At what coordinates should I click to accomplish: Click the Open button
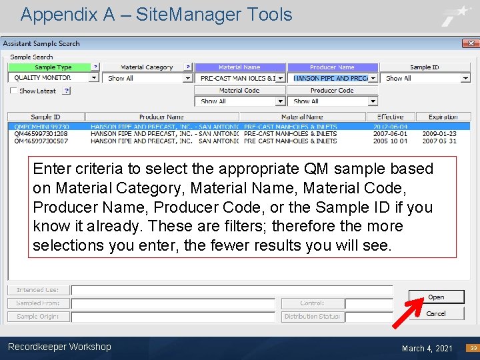pyautogui.click(x=436, y=297)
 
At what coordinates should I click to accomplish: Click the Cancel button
pyautogui.click(x=436, y=313)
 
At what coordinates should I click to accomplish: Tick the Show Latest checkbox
pyautogui.click(x=14, y=91)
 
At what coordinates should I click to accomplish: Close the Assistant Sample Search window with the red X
pyautogui.click(x=471, y=43)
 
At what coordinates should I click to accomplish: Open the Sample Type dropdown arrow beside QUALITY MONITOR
pyautogui.click(x=94, y=77)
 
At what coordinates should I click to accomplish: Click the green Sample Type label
pyautogui.click(x=53, y=67)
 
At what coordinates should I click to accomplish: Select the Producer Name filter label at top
pyautogui.click(x=332, y=67)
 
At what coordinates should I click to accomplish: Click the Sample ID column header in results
pyautogui.click(x=45, y=117)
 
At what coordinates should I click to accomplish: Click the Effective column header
pyautogui.click(x=390, y=117)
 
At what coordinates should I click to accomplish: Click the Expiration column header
pyautogui.click(x=443, y=117)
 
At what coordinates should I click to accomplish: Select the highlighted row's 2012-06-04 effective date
pyautogui.click(x=390, y=126)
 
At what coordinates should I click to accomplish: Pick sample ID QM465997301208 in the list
pyautogui.click(x=41, y=133)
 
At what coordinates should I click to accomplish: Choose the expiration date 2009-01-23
pyautogui.click(x=439, y=133)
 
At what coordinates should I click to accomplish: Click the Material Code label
pyautogui.click(x=239, y=91)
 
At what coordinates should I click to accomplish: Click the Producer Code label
pyautogui.click(x=332, y=91)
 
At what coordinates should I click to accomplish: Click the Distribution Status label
pyautogui.click(x=312, y=317)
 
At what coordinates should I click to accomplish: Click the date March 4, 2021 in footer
pyautogui.click(x=427, y=348)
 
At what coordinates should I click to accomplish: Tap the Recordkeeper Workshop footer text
pyautogui.click(x=59, y=347)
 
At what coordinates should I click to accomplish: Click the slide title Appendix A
pyautogui.click(x=156, y=15)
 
